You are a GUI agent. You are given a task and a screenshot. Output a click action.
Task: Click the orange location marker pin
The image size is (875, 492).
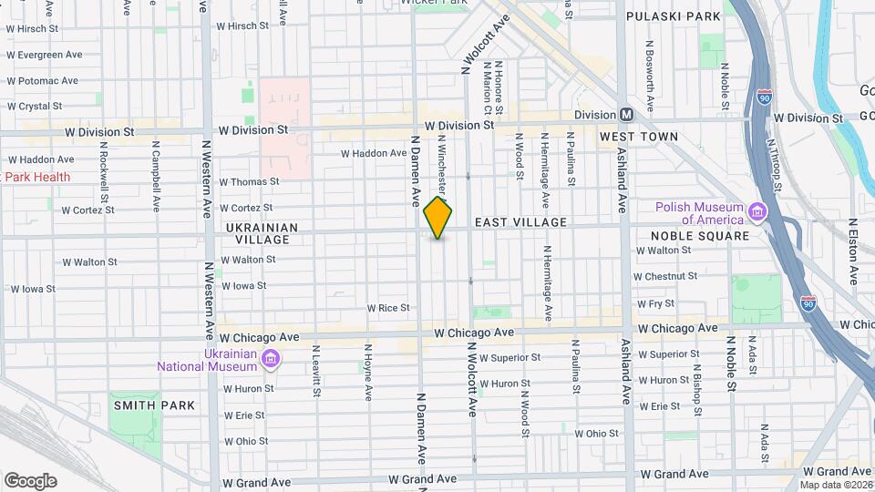tap(438, 219)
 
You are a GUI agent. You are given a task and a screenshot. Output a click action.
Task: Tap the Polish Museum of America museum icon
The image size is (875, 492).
tap(757, 212)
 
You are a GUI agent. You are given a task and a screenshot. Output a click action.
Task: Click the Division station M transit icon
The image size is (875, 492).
tap(626, 115)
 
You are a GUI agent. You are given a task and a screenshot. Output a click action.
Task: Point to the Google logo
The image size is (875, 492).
tap(30, 480)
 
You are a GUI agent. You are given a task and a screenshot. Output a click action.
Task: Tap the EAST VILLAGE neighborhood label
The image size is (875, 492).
tap(520, 222)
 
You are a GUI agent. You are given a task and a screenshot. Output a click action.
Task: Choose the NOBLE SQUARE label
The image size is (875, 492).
tap(700, 235)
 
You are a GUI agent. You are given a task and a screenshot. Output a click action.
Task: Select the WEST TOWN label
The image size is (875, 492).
tap(638, 137)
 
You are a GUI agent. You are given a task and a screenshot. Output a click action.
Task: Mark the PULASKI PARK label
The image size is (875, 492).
tap(674, 16)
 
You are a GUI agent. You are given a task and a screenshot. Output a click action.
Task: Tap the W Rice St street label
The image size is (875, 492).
tap(387, 308)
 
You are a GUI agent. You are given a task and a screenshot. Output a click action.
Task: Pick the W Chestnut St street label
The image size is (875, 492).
tap(666, 275)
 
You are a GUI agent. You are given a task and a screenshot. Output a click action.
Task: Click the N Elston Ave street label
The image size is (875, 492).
tap(854, 251)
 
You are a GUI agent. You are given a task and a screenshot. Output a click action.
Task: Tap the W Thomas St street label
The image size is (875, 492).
tap(248, 182)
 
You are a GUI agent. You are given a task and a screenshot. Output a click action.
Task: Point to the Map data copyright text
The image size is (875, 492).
tap(836, 485)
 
